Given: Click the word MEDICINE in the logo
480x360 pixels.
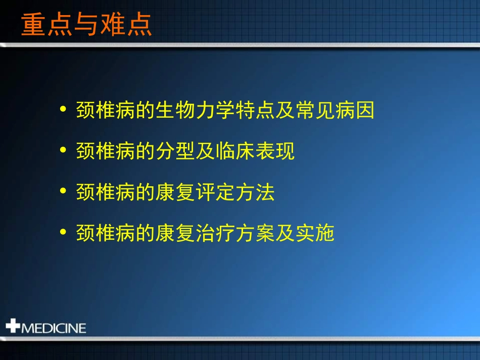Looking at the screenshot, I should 53,328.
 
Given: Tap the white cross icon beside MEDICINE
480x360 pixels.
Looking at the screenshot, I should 13,326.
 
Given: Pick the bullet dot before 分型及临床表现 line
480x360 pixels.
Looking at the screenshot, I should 63,150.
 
